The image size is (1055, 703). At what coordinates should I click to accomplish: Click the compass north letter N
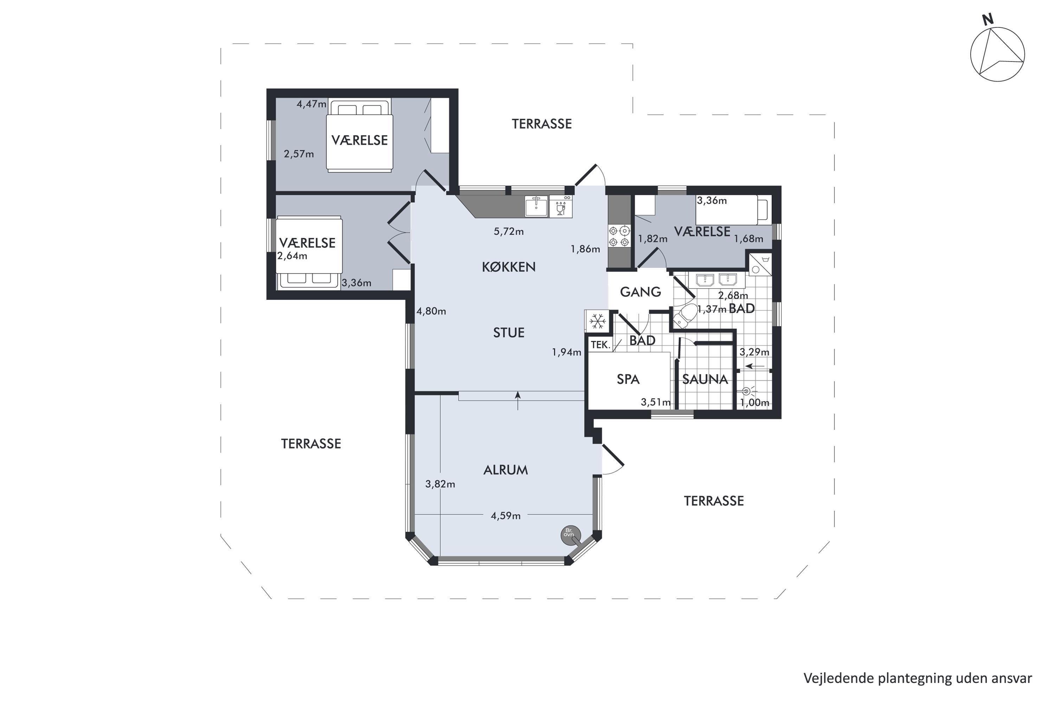(988, 19)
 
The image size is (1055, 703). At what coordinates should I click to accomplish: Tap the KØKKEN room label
(509, 267)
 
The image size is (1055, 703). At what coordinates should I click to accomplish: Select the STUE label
(509, 333)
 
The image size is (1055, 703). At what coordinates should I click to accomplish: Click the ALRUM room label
(506, 470)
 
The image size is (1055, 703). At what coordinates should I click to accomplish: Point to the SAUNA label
(705, 380)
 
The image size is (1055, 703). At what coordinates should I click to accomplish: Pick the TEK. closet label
(601, 345)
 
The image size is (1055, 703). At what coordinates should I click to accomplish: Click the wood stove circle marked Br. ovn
(570, 535)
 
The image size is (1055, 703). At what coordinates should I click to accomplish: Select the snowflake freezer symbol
(597, 321)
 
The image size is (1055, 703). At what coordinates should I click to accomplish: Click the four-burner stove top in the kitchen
(619, 236)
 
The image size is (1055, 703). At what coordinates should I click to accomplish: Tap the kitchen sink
(537, 206)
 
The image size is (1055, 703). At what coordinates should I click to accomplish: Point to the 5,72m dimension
(509, 232)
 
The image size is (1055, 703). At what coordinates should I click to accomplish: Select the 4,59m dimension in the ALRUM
(506, 516)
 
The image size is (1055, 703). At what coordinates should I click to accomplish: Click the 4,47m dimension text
(311, 104)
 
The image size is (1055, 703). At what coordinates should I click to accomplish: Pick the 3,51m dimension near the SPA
(656, 402)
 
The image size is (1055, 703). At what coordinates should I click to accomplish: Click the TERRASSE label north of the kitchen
(542, 124)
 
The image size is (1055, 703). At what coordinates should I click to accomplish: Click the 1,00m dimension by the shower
(754, 402)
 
